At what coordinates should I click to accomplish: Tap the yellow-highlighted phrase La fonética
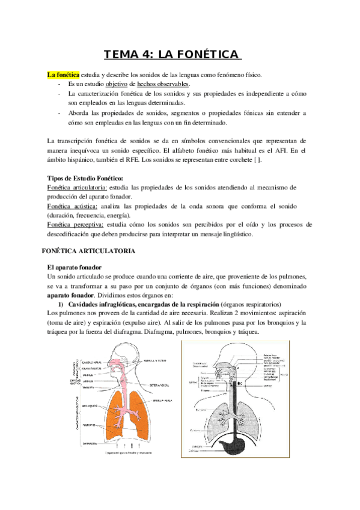click(x=63, y=75)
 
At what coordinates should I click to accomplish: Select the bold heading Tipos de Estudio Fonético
click(x=85, y=179)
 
